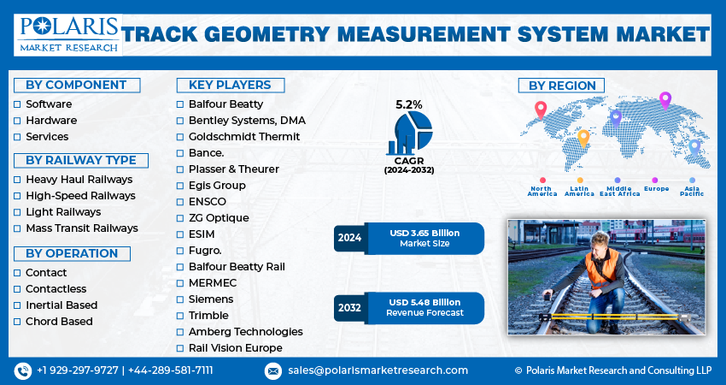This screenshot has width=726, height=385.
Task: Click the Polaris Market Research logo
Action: pos(67,34)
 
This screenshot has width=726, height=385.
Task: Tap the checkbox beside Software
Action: pos(17,104)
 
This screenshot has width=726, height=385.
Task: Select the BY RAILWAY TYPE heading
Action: pos(80,160)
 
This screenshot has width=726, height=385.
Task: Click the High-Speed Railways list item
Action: pos(80,196)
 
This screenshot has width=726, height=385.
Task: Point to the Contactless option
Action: pos(56,289)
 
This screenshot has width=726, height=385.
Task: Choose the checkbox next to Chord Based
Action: pos(17,322)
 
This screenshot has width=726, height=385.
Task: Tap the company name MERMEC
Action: pos(213,283)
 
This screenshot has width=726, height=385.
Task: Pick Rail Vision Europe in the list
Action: pos(235,348)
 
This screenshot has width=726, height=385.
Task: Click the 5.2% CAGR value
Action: pos(408,104)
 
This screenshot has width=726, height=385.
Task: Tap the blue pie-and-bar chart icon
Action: pos(409,133)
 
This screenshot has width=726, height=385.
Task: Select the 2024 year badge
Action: pos(349,238)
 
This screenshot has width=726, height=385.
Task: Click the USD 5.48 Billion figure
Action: pos(424,302)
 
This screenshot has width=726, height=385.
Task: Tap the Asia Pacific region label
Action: pos(692,191)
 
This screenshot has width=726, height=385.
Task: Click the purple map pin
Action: pos(665,100)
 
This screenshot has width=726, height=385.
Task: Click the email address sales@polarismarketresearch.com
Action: pos(377,370)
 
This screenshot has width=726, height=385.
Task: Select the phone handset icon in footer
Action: pos(22,370)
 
